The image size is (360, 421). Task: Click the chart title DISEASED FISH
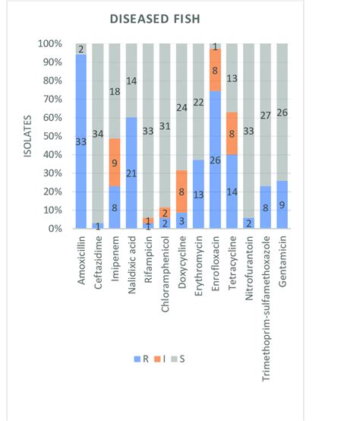click(182, 18)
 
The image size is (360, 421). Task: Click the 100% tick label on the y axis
click(51, 43)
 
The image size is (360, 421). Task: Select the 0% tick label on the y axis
click(55, 229)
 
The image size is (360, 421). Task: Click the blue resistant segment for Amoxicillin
click(81, 141)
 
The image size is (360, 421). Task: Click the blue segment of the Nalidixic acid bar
click(131, 173)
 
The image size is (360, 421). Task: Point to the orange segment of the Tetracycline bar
click(232, 134)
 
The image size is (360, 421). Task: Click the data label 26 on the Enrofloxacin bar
click(215, 160)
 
